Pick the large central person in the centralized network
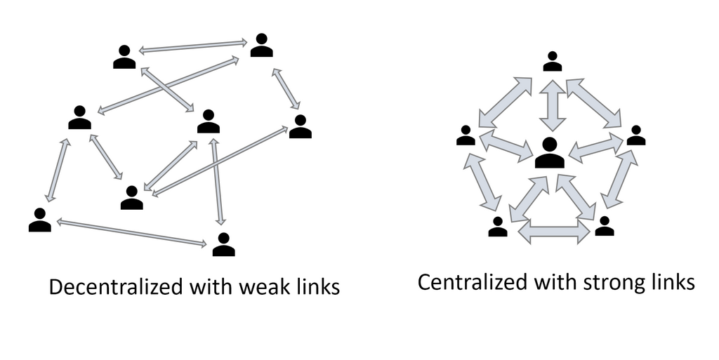[x=549, y=153]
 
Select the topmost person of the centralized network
[x=553, y=61]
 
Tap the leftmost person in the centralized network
[x=466, y=135]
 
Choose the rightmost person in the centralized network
[x=636, y=135]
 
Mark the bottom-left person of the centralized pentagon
[x=498, y=227]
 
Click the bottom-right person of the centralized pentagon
[x=604, y=227]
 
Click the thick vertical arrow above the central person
[x=553, y=105]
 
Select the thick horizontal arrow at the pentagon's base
[x=554, y=232]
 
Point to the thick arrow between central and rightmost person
[x=595, y=148]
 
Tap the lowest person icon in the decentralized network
[x=223, y=244]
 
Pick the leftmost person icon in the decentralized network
[x=39, y=220]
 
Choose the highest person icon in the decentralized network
[x=261, y=45]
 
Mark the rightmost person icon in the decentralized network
[x=300, y=126]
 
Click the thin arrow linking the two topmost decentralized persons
[x=193, y=47]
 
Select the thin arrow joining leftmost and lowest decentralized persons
[x=131, y=232]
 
